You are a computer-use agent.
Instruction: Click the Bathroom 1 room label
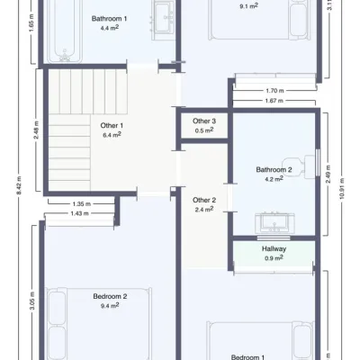pos(109,19)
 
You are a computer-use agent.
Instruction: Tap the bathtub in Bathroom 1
pos(65,31)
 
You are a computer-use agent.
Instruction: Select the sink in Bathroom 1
pos(163,21)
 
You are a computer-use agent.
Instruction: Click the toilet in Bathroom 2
pos(299,166)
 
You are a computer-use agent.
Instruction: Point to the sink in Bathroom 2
pos(274,223)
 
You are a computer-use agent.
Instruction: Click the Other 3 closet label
pos(204,121)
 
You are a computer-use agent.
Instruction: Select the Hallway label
pos(274,248)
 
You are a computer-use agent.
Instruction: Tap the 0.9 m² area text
pos(274,257)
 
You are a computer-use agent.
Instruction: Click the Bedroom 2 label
pos(110,296)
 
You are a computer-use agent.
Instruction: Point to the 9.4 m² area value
pos(110,306)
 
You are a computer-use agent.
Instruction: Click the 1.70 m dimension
pos(274,90)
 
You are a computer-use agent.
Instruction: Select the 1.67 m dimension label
pos(274,101)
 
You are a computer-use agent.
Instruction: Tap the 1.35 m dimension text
pos(82,204)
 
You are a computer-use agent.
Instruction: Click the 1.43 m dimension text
pos(80,213)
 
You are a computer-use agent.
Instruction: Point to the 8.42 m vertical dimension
pos(19,185)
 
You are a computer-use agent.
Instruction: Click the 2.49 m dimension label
pos(328,174)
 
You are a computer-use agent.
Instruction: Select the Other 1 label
pos(112,125)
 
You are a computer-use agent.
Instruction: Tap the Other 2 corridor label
pos(204,200)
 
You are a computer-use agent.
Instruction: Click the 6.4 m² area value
pos(112,135)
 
